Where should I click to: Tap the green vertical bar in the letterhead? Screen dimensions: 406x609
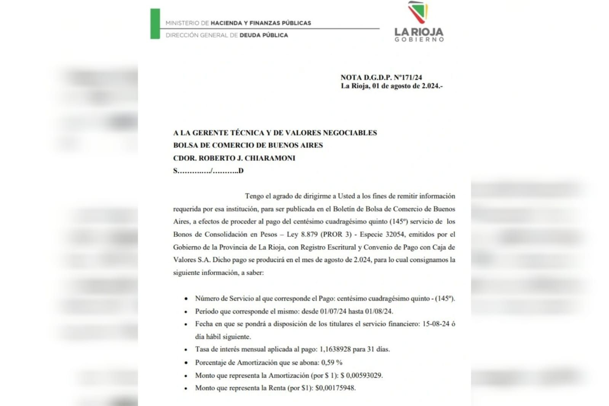click(x=155, y=24)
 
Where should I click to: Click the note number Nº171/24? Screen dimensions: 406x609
click(x=408, y=77)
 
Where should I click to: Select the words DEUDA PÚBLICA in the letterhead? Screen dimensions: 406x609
click(x=264, y=35)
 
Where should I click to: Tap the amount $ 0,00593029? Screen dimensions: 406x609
click(x=361, y=376)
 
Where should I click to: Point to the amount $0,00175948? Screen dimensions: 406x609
click(x=335, y=388)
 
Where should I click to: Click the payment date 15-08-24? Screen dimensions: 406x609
click(x=436, y=324)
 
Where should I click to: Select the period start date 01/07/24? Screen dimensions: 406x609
click(x=333, y=311)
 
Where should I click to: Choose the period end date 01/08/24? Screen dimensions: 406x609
click(x=379, y=311)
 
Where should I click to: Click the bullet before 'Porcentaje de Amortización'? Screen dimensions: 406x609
click(x=186, y=363)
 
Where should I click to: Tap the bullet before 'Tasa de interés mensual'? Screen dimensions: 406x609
click(x=186, y=350)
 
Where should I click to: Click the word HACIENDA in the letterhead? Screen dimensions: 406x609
click(x=226, y=23)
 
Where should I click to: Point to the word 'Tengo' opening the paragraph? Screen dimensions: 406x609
click(x=254, y=196)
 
